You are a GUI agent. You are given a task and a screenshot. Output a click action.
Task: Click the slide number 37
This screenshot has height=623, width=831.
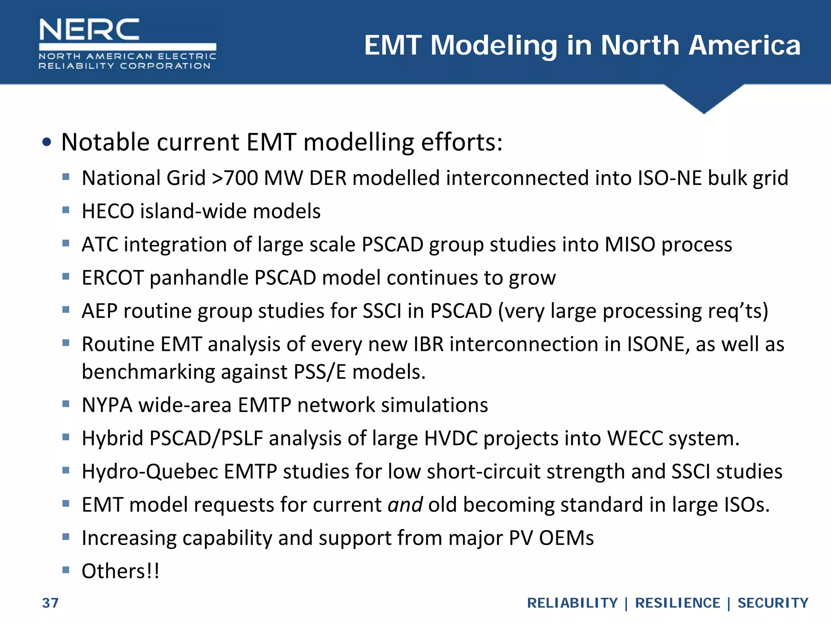point(50,603)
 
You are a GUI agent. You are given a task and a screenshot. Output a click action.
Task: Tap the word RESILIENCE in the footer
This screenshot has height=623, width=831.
point(677,603)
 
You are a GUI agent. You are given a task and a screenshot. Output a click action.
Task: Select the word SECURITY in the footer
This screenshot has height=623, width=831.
point(773,603)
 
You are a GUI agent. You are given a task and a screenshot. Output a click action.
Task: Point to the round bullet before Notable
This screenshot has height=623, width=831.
point(47,142)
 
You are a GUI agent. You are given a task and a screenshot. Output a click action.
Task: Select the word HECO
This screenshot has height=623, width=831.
point(108,211)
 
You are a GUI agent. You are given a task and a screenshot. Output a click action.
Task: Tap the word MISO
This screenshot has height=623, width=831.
point(630,245)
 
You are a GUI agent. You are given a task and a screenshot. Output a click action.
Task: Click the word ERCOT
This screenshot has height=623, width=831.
point(113,278)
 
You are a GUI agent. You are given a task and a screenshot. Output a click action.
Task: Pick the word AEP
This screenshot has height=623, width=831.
point(99,311)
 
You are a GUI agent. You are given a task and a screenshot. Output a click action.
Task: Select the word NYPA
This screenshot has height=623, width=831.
point(107,405)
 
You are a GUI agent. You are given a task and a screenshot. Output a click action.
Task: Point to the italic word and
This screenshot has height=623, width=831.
point(405,505)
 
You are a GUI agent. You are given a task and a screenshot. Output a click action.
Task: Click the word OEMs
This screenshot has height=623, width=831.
point(566,538)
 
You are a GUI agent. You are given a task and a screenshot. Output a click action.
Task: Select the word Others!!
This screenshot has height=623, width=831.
point(121,571)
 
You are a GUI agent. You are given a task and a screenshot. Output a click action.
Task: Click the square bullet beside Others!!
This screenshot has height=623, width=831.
point(66,570)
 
